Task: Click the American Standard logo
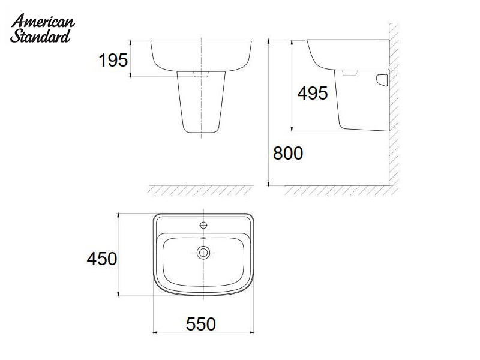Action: pyautogui.click(x=42, y=29)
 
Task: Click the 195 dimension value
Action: pyautogui.click(x=112, y=60)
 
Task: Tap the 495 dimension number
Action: pyautogui.click(x=313, y=93)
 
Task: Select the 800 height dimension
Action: pyautogui.click(x=287, y=154)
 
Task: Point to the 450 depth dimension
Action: pyautogui.click(x=101, y=259)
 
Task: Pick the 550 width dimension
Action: pyautogui.click(x=200, y=324)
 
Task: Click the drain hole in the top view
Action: pyautogui.click(x=203, y=253)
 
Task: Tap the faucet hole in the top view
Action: pyautogui.click(x=203, y=226)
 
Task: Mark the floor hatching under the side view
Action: pyautogui.click(x=336, y=190)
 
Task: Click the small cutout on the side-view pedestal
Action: pyautogui.click(x=382, y=80)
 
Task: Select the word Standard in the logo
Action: pyautogui.click(x=41, y=37)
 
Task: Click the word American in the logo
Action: pyautogui.click(x=43, y=23)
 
